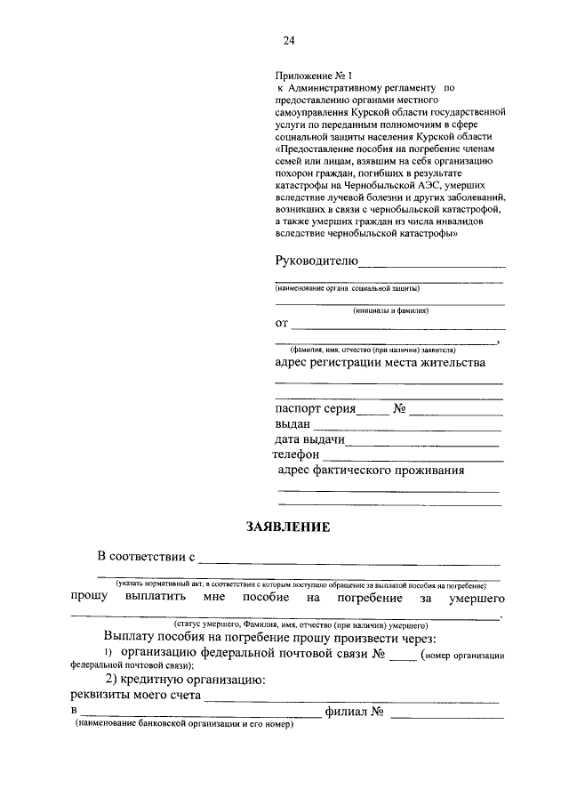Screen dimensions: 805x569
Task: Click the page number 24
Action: pyautogui.click(x=288, y=40)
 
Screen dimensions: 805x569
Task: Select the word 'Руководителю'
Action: pyautogui.click(x=316, y=261)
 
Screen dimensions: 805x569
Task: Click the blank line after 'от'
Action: pyautogui.click(x=397, y=327)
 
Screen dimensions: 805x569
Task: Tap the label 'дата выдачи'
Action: pyautogui.click(x=310, y=440)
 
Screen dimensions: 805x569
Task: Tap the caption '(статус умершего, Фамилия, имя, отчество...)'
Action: pyautogui.click(x=288, y=625)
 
